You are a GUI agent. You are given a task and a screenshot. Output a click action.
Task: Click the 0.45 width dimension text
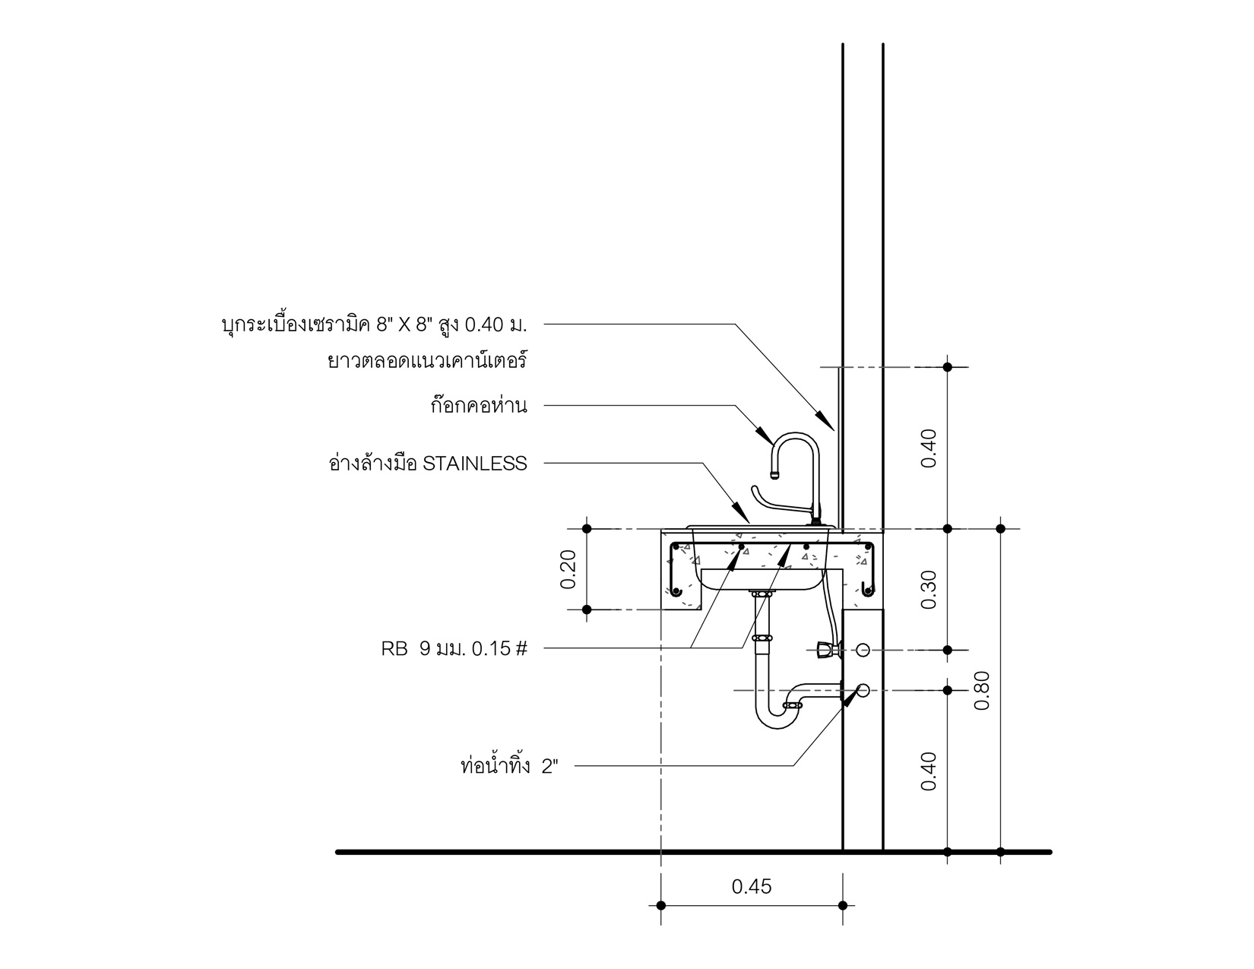click(x=751, y=886)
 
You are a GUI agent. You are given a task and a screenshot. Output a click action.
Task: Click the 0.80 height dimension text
click(x=982, y=691)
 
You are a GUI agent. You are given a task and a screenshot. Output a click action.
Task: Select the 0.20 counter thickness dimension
click(x=568, y=568)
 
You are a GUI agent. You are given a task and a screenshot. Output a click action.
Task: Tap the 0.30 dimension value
click(x=929, y=589)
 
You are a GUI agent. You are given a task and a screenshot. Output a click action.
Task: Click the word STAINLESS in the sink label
click(x=474, y=464)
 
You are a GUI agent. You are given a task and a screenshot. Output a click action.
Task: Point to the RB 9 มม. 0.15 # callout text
click(x=454, y=648)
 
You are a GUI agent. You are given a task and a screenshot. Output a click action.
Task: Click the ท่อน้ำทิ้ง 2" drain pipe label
click(x=509, y=766)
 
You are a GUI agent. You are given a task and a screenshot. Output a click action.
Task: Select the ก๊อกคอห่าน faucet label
click(x=478, y=406)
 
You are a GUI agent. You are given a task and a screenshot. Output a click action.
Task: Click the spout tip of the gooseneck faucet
click(x=774, y=476)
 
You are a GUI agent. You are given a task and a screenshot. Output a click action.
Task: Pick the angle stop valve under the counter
click(x=824, y=650)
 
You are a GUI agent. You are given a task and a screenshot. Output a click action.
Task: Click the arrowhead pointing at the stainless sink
click(x=743, y=513)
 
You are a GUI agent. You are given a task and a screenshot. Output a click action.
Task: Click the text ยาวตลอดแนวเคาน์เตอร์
click(x=426, y=361)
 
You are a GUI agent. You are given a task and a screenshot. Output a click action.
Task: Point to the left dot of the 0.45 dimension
click(x=660, y=905)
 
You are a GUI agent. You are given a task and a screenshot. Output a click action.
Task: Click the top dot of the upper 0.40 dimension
click(x=947, y=368)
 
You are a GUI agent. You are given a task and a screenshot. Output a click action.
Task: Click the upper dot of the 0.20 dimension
click(x=586, y=528)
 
